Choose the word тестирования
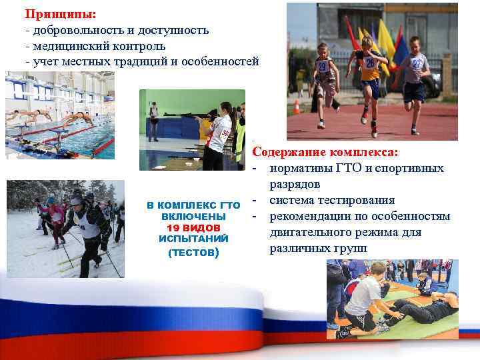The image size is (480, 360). pos(353,200)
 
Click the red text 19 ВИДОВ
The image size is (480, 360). pos(193,227)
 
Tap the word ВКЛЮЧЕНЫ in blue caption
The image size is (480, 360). pos(193,217)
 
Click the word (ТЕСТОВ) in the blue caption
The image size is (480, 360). pos(193,253)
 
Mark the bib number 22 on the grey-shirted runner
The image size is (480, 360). pos(417,63)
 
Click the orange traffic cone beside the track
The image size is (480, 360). pos(297,107)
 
